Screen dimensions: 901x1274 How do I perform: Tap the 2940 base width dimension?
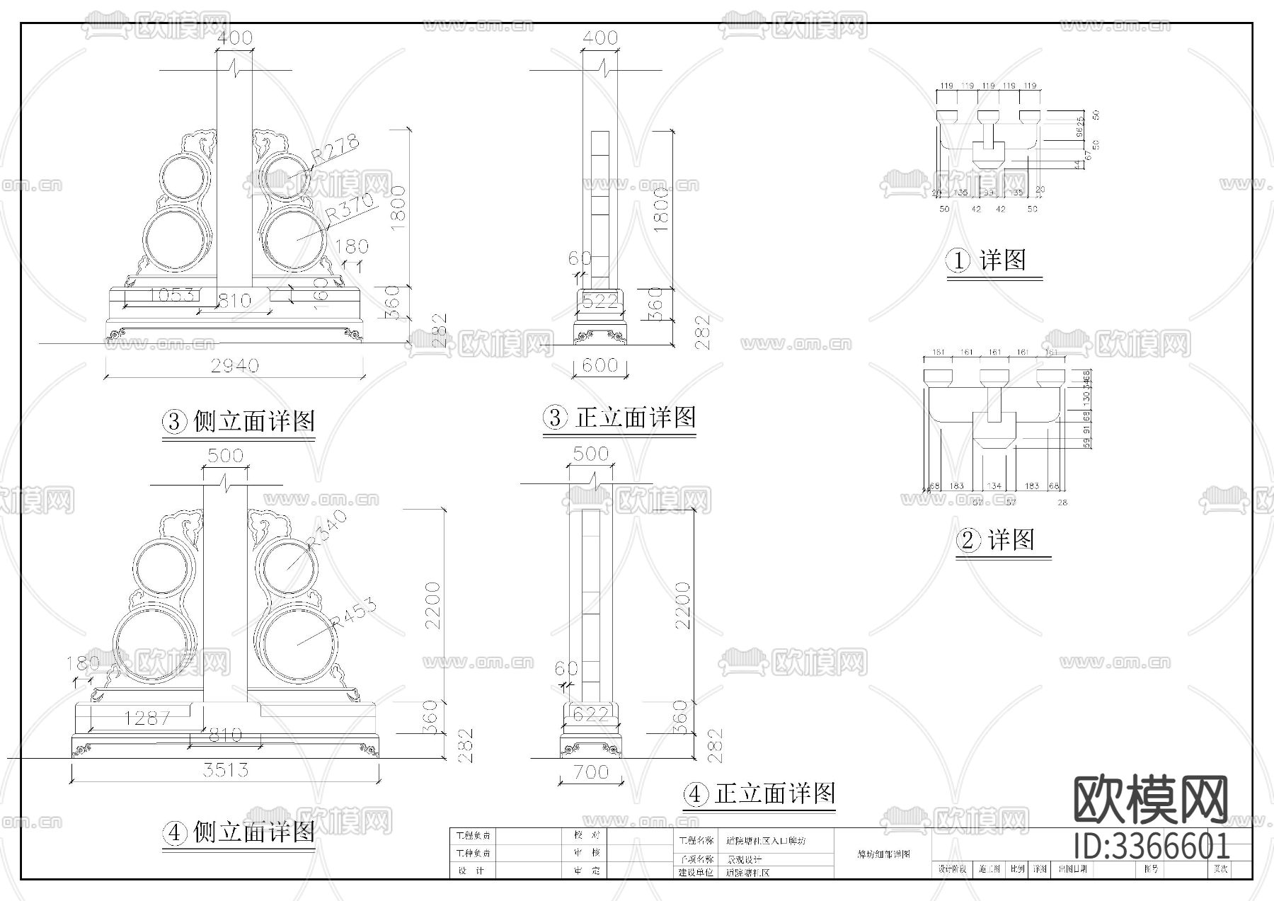(x=235, y=366)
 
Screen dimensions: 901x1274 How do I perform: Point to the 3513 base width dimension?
(x=225, y=769)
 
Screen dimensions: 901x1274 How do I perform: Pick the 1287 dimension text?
(x=147, y=718)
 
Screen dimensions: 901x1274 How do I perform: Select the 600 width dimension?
(x=599, y=366)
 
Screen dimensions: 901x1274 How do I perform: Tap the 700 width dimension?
(x=591, y=771)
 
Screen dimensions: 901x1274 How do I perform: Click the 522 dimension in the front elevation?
(x=599, y=302)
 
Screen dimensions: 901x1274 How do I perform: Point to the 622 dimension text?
(x=590, y=714)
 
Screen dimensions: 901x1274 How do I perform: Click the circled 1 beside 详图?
(x=958, y=261)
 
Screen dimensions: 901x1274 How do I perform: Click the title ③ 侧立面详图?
(x=239, y=422)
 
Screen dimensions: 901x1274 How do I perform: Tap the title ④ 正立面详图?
(x=759, y=794)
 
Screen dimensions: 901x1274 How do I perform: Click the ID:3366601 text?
(x=1152, y=846)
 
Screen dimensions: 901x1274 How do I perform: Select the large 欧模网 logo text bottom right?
(x=1152, y=800)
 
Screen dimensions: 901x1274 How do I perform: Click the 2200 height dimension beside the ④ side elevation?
(x=433, y=606)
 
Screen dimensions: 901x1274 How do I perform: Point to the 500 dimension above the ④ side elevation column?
(x=225, y=455)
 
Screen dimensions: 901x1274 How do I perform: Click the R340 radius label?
(x=327, y=529)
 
